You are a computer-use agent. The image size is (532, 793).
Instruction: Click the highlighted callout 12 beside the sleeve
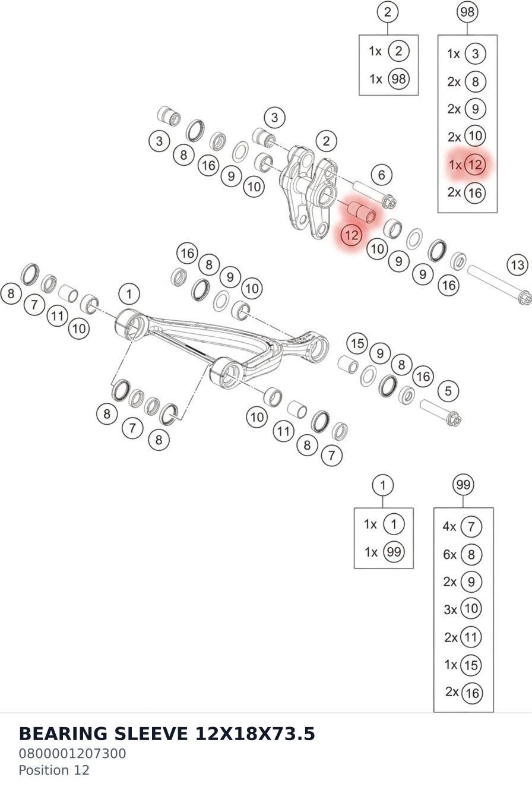(351, 235)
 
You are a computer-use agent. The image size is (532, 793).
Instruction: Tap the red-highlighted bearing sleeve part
(362, 211)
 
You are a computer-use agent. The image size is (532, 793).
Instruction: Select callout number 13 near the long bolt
(518, 265)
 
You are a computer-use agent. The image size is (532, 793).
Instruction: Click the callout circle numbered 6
(382, 175)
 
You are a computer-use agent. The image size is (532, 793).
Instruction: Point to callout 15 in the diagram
(357, 343)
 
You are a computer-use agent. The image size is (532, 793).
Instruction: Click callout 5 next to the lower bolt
(448, 391)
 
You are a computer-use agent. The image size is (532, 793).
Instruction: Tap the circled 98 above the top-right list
(467, 12)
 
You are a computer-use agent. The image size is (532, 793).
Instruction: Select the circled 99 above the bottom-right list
(463, 485)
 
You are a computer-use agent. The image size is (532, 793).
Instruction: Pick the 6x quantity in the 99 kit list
(450, 554)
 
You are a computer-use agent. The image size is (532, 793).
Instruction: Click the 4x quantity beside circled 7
(449, 527)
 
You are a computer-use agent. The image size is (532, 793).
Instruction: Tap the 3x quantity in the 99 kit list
(451, 609)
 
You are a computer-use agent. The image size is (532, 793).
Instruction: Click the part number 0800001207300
(72, 754)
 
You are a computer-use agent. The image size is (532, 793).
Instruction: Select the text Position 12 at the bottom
(54, 770)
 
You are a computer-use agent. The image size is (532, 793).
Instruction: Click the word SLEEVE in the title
(151, 734)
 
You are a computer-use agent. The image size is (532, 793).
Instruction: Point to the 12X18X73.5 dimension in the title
(255, 734)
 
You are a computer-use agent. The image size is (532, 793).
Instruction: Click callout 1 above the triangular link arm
(129, 294)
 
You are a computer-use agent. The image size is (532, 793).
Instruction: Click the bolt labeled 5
(441, 412)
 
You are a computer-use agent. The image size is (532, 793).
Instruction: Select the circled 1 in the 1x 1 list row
(394, 524)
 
